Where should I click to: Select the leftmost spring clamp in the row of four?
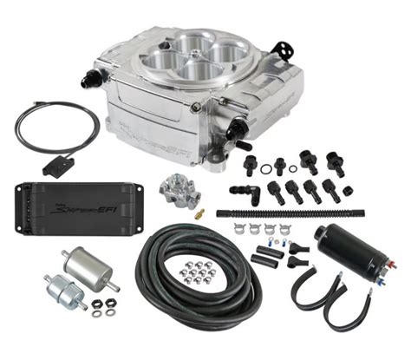pos(240,229)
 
